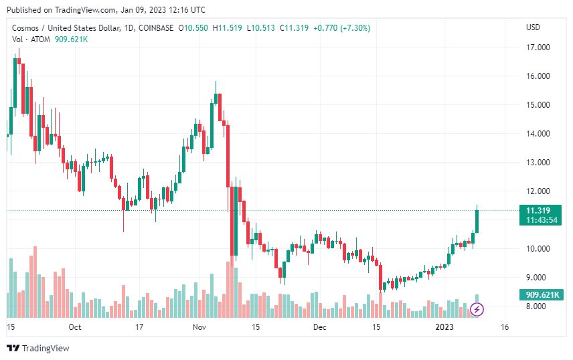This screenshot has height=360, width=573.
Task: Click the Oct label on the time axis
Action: click(74, 327)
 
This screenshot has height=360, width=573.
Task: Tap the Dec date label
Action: click(319, 327)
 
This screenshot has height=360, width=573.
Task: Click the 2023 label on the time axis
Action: click(444, 327)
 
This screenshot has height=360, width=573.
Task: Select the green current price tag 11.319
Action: click(538, 211)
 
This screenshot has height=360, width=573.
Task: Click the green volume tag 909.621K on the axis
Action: click(541, 294)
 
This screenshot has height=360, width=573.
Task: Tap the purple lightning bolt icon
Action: click(477, 309)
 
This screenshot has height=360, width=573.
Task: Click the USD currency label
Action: click(534, 27)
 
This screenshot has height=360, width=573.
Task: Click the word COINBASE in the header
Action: click(155, 28)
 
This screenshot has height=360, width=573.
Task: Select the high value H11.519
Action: click(227, 28)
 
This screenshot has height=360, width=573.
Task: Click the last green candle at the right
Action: click(477, 221)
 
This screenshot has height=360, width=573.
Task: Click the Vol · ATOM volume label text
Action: click(31, 39)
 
